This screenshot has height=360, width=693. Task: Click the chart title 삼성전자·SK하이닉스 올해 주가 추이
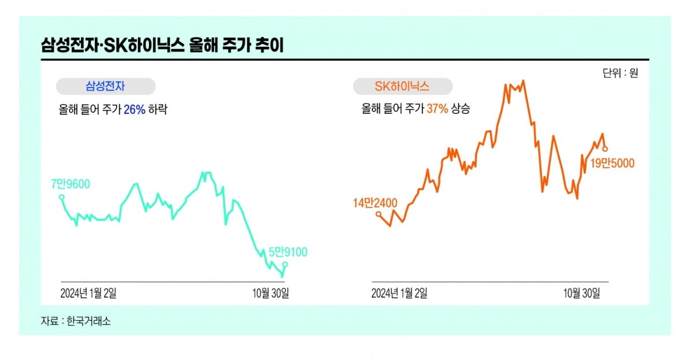162,45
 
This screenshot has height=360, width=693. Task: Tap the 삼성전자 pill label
106,87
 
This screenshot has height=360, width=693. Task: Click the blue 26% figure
135,109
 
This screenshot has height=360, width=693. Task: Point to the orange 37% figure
437,109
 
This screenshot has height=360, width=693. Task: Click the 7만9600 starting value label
70,184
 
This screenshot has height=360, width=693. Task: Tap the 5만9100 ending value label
288,251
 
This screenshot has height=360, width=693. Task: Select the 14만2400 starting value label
376,202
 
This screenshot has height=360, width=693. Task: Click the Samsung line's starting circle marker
62,197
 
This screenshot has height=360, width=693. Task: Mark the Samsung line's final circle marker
285,265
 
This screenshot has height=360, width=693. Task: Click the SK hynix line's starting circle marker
378,214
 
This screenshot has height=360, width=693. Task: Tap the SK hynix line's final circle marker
605,149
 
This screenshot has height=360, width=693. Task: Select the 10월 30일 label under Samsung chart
271,293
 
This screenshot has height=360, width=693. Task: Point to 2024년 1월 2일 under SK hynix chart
399,293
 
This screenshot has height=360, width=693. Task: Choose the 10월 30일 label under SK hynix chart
582,293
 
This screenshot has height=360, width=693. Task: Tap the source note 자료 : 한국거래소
75,321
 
